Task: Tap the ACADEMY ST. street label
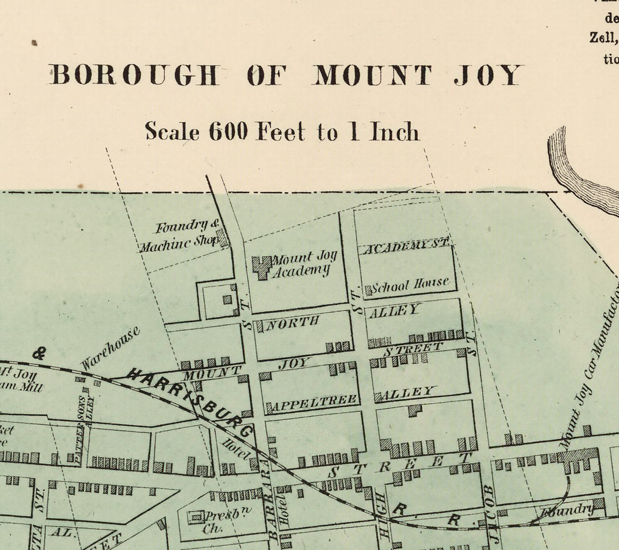(405, 246)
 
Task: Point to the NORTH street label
(293, 322)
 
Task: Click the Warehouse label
(110, 348)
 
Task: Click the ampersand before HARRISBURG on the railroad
(39, 353)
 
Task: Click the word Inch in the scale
(395, 132)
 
